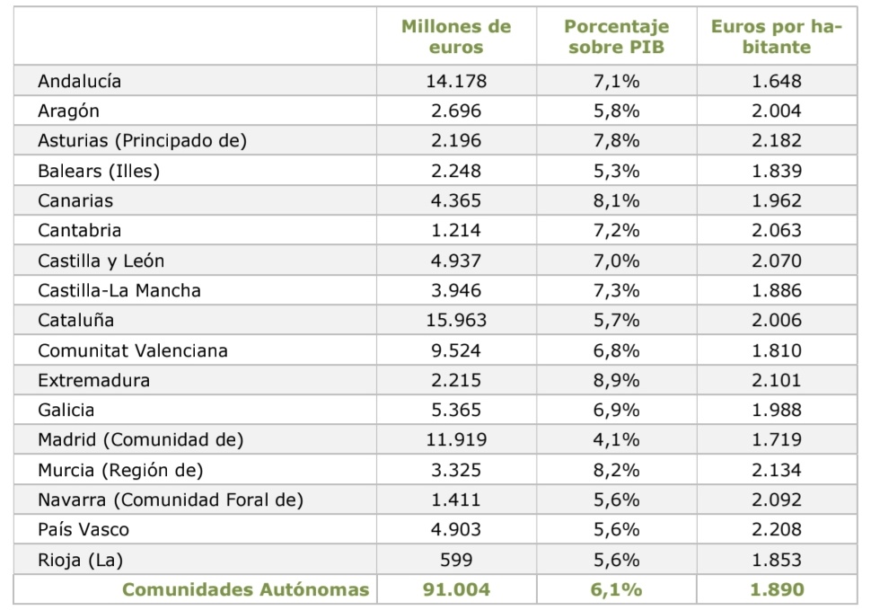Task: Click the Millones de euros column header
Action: click(x=456, y=37)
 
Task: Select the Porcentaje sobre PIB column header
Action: click(x=616, y=37)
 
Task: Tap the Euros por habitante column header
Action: click(x=777, y=37)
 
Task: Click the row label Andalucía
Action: click(x=79, y=81)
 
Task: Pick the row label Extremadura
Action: click(x=93, y=380)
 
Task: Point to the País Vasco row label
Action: click(x=84, y=529)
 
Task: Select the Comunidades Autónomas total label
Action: click(x=245, y=589)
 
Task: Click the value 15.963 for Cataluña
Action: click(x=456, y=320)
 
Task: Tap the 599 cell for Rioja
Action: click(x=456, y=560)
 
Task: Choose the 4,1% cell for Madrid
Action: click(x=616, y=440)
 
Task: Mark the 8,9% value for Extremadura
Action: click(x=616, y=380)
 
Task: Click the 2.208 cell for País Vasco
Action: click(x=777, y=529)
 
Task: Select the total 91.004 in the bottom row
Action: click(x=456, y=589)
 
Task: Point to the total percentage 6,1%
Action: click(x=616, y=589)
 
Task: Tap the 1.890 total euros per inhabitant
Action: click(x=777, y=589)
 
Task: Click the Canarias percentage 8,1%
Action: click(x=616, y=200)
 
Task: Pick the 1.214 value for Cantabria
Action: click(x=456, y=230)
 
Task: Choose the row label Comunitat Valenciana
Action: click(x=133, y=350)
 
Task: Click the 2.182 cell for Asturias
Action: click(x=777, y=140)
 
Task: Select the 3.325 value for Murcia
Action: click(x=456, y=470)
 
